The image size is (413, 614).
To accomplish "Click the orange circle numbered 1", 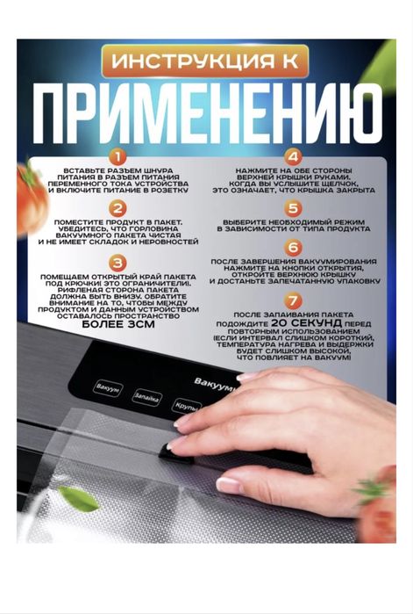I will [x=117, y=155].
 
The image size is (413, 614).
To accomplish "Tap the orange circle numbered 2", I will [x=117, y=208].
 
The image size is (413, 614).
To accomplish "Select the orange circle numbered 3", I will [x=117, y=263].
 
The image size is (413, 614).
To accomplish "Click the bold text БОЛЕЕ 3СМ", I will [x=117, y=323].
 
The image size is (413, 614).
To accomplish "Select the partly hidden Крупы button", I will [x=187, y=407].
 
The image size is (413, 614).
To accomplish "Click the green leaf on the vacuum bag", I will [x=80, y=500].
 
